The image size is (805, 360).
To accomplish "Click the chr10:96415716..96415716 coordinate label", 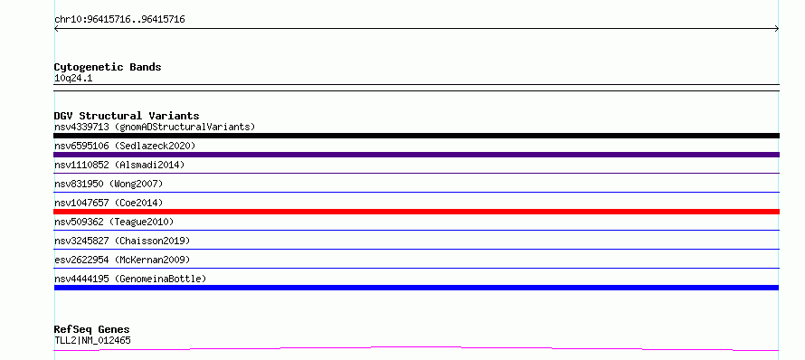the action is click(119, 20).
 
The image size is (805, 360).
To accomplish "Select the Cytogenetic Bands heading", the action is click(108, 67).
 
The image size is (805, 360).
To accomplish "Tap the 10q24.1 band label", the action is click(73, 79).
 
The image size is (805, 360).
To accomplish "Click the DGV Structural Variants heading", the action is click(127, 116).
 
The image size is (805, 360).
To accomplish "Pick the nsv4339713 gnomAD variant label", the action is click(155, 127).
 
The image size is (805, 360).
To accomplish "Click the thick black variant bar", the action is click(416, 136).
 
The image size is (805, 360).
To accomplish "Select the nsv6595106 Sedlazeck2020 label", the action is click(125, 146).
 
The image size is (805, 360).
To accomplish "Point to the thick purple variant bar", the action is click(416, 155).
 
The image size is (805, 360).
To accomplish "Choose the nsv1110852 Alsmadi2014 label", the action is click(119, 165).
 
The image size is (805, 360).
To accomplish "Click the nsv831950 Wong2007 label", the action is click(109, 184).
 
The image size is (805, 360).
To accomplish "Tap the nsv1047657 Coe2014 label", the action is click(109, 203).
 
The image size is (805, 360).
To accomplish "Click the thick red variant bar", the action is click(416, 212).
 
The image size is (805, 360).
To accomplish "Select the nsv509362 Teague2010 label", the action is click(114, 222).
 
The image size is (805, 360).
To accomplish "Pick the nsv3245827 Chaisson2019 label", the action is click(122, 241).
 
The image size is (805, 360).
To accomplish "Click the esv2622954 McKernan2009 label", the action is click(122, 260).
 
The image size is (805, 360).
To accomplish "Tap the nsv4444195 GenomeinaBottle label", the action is click(130, 279).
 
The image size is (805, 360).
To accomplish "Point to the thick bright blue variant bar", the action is click(416, 288).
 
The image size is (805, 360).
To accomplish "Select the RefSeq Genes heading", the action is click(92, 330).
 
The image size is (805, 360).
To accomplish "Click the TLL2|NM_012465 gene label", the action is click(92, 340).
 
